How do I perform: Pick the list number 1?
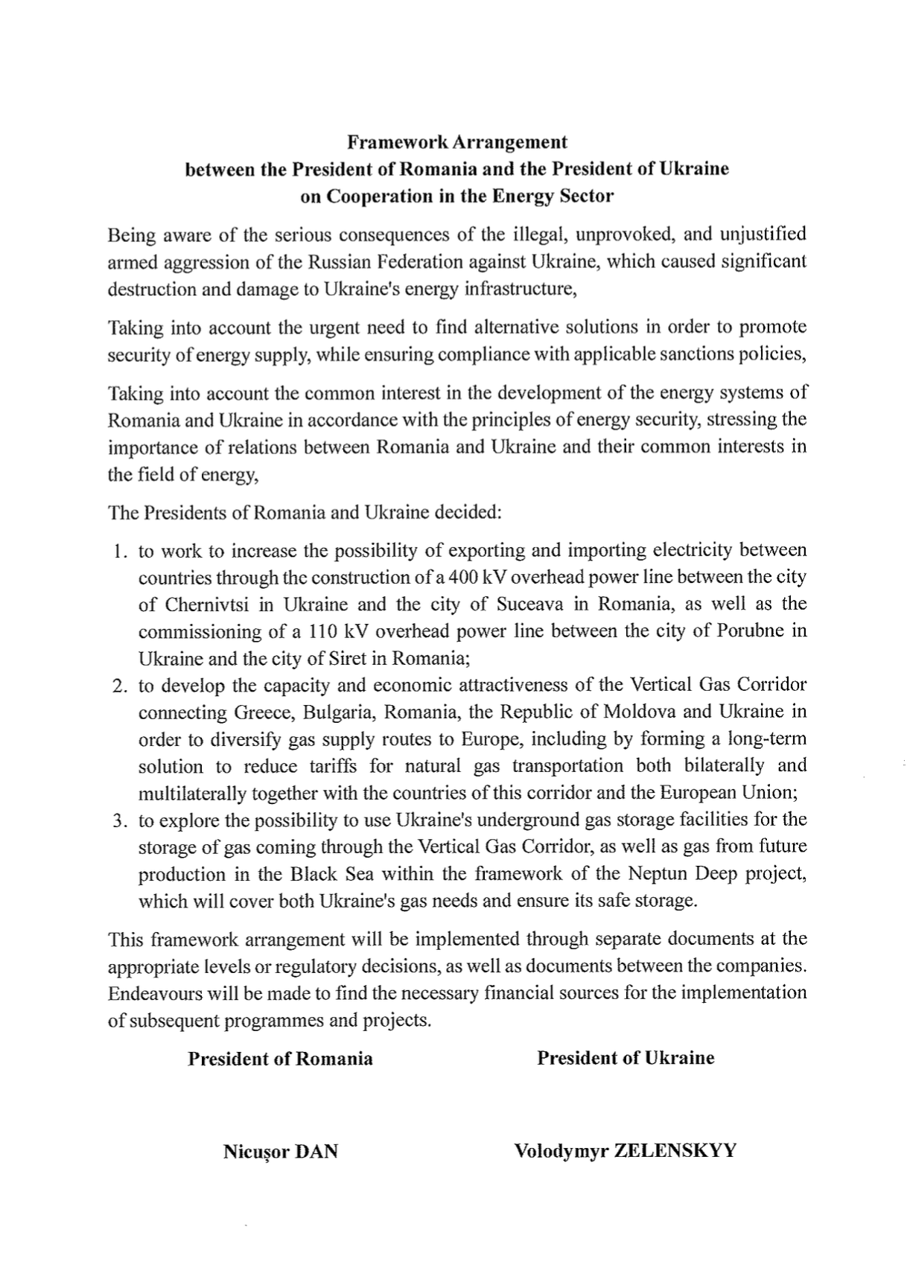click(x=118, y=552)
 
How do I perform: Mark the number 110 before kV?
click(x=319, y=631)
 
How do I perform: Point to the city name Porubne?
click(x=749, y=631)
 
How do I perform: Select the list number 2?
click(x=118, y=686)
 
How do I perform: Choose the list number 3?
click(x=118, y=821)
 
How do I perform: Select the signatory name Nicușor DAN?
click(x=280, y=1152)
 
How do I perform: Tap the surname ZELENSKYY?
click(x=675, y=1151)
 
